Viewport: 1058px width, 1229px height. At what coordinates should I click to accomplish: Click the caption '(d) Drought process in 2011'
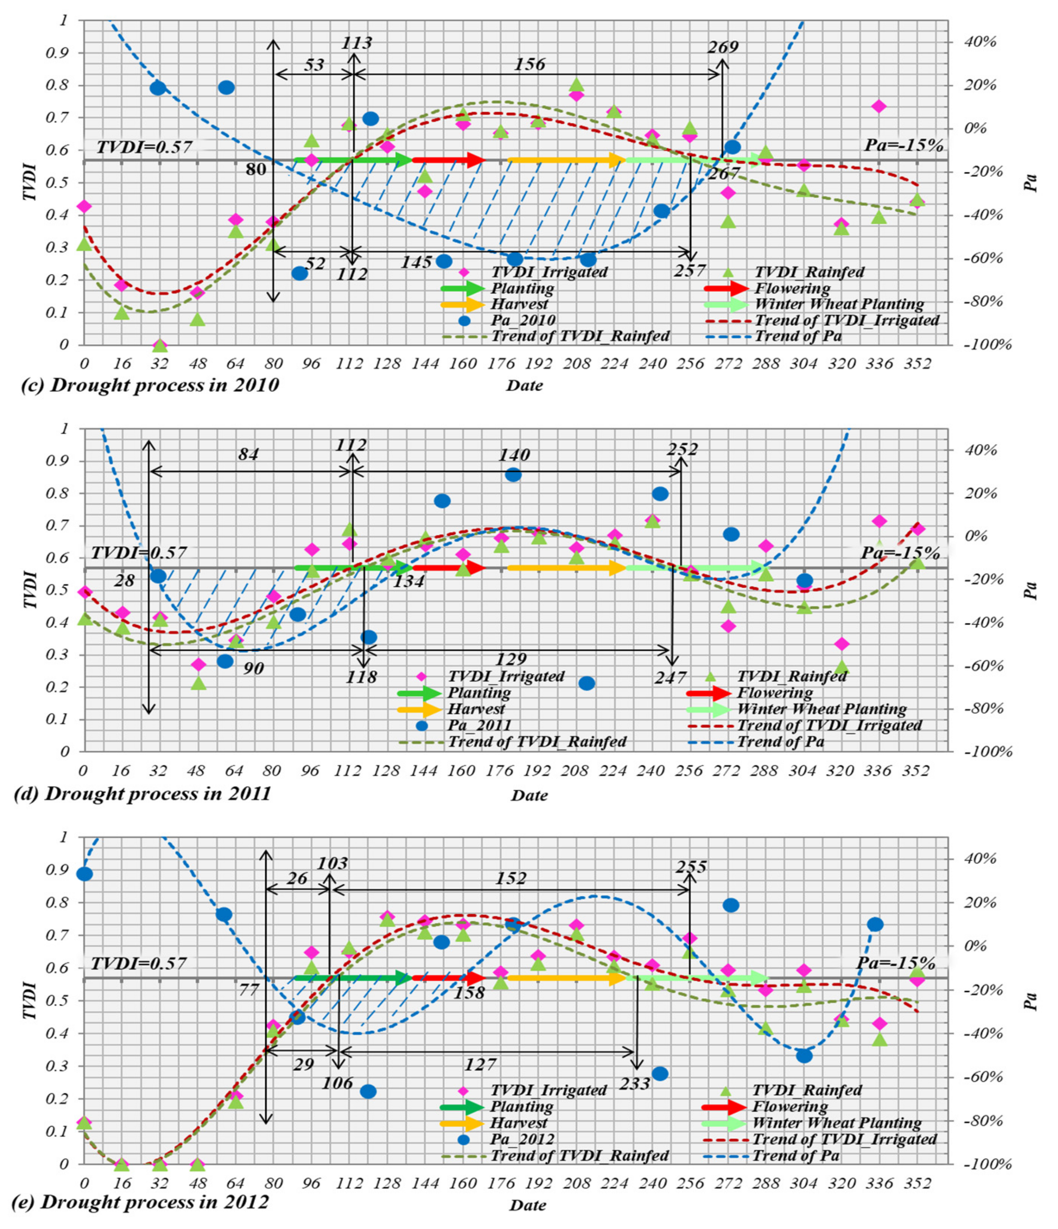142,793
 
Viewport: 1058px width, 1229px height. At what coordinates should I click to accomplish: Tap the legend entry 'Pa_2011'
479,725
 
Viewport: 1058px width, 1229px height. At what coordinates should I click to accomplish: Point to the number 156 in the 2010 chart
529,64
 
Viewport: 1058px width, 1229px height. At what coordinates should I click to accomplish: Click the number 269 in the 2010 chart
722,47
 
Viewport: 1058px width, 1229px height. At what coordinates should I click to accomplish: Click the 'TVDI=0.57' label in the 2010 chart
144,147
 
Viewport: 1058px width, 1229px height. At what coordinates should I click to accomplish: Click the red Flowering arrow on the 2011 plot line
449,568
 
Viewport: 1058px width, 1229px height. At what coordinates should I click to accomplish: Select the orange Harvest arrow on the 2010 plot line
567,159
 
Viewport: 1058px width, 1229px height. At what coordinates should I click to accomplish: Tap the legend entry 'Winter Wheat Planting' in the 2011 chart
821,709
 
